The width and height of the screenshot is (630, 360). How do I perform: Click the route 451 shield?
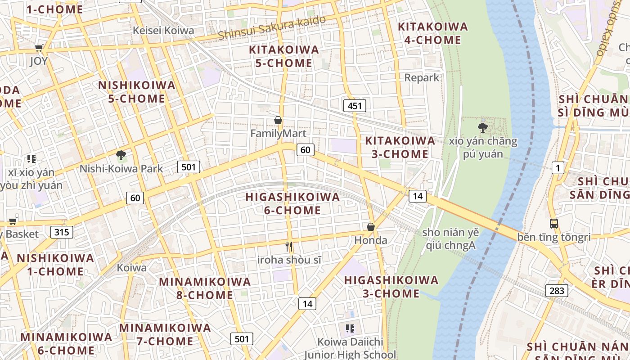(x=355, y=106)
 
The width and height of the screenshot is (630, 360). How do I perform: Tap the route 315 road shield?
(x=62, y=232)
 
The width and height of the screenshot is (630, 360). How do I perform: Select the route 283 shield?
(x=557, y=291)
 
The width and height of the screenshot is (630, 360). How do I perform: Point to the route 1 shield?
(x=558, y=168)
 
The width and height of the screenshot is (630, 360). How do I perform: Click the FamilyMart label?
(x=278, y=134)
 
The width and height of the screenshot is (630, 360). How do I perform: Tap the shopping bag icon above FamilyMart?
(x=278, y=121)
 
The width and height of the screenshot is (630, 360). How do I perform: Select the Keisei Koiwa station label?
(x=164, y=31)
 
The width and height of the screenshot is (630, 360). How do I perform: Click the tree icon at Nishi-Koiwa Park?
(x=121, y=156)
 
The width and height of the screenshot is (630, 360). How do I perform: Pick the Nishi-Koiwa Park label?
(x=121, y=169)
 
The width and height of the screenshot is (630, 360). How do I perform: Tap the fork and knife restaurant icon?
(x=289, y=247)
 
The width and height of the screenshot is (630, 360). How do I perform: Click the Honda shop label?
(x=371, y=240)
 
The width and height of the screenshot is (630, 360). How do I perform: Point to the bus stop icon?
(x=554, y=224)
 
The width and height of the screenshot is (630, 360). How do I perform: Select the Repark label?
(x=422, y=77)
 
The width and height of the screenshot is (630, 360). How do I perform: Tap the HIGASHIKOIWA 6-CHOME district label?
(x=292, y=203)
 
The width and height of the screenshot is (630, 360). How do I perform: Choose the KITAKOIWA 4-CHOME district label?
(x=433, y=33)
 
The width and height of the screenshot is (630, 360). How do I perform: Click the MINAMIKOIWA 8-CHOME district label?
(x=205, y=288)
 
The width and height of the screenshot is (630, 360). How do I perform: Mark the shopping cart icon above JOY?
(x=39, y=48)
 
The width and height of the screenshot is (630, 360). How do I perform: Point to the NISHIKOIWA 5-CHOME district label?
(x=137, y=92)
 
